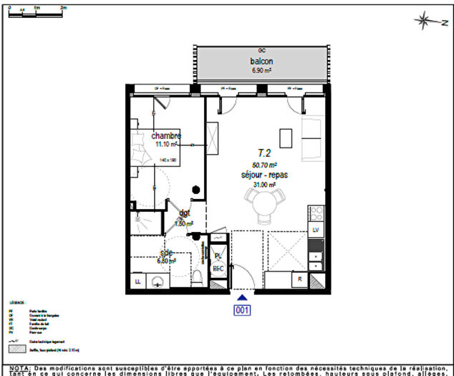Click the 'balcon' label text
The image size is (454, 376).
click(x=261, y=62)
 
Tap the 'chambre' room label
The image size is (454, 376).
click(x=165, y=135)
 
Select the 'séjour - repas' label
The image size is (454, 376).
click(x=264, y=175)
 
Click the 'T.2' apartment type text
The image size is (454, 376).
click(x=264, y=153)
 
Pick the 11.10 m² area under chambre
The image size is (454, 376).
click(x=165, y=144)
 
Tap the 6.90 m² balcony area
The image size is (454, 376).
click(x=261, y=71)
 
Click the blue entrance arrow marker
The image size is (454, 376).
click(x=242, y=297)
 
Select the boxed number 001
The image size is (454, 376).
click(x=242, y=309)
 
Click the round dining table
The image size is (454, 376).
click(x=264, y=208)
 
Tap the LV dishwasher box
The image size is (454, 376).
click(x=315, y=229)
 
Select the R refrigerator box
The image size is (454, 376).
click(x=300, y=279)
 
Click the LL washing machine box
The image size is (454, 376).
click(x=137, y=281)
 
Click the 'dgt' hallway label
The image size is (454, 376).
click(x=184, y=213)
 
